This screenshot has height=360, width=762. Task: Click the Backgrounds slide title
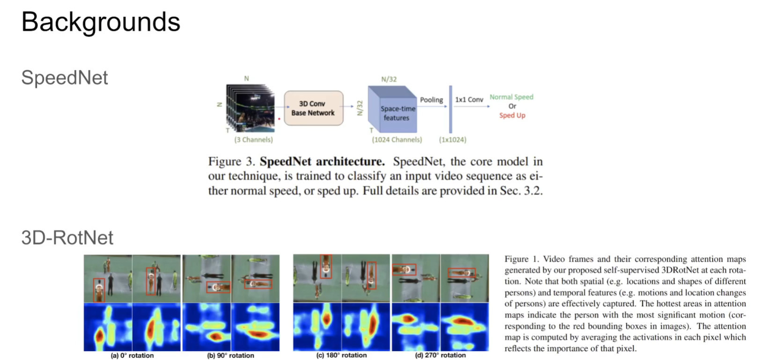101,22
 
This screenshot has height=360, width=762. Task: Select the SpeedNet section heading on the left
65,78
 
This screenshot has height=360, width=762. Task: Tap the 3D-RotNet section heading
67,238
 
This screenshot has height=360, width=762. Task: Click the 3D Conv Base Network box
313,108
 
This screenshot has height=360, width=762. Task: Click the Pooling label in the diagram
431,100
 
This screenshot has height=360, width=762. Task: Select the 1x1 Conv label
469,100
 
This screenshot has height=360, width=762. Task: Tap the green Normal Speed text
511,97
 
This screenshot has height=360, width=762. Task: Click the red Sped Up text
512,115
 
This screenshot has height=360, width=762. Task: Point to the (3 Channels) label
253,140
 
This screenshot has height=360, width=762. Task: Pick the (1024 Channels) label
397,140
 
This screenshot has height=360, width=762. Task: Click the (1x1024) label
452,140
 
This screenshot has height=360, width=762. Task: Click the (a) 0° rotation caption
132,355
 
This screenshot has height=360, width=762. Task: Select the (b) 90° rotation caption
230,355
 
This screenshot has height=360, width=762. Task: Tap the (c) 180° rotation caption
341,355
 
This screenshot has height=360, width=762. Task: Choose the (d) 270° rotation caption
440,355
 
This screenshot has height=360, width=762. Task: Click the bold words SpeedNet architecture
322,162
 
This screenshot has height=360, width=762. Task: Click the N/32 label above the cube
389,79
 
